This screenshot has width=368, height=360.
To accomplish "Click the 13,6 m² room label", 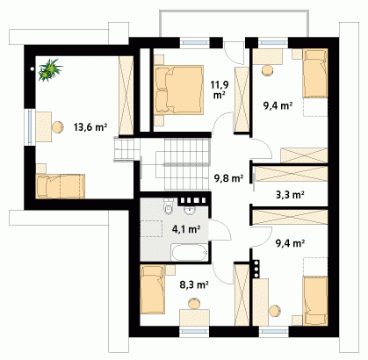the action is (x=90, y=127).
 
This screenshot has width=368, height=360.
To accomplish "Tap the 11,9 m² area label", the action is (x=220, y=90).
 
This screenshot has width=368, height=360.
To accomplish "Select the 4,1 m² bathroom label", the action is (x=186, y=229).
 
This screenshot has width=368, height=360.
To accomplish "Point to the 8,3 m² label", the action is (x=194, y=284).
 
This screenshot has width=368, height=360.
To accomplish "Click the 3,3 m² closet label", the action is (x=290, y=195).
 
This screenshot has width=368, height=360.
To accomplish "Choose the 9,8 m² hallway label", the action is (x=228, y=178).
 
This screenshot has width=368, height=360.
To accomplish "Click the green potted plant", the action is (x=50, y=69).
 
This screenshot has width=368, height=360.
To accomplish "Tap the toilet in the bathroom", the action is (x=169, y=206).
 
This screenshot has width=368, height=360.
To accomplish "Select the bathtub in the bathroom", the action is (x=190, y=252).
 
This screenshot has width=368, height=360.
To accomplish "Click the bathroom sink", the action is (x=190, y=209).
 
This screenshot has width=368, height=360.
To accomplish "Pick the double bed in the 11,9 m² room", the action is (x=178, y=90).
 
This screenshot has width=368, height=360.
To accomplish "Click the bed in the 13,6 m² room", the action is (x=61, y=186).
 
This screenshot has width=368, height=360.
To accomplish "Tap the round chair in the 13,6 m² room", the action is (x=58, y=127).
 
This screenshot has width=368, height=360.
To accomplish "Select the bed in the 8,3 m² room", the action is (x=153, y=290).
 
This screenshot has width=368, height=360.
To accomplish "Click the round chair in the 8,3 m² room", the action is (x=194, y=304).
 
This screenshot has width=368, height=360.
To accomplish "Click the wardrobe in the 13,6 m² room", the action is (x=126, y=96).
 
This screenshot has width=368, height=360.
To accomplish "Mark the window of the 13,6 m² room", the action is (x=30, y=127).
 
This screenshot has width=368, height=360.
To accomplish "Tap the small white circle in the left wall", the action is (x=32, y=69).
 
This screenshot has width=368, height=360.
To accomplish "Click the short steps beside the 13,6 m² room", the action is (x=124, y=149).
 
